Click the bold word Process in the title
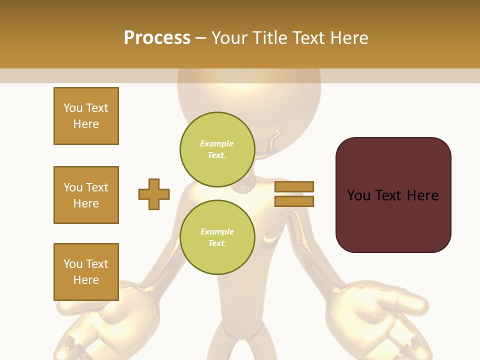(x=157, y=38)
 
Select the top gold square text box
(x=86, y=116)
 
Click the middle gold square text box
(x=86, y=195)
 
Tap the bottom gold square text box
(x=86, y=272)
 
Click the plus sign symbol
(x=154, y=194)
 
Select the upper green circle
(x=217, y=149)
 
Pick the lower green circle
(x=217, y=237)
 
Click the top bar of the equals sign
(x=294, y=187)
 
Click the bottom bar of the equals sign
(x=294, y=201)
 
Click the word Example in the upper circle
(x=217, y=143)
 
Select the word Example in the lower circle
(x=217, y=231)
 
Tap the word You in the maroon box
(x=358, y=195)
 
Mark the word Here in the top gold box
(x=86, y=124)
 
